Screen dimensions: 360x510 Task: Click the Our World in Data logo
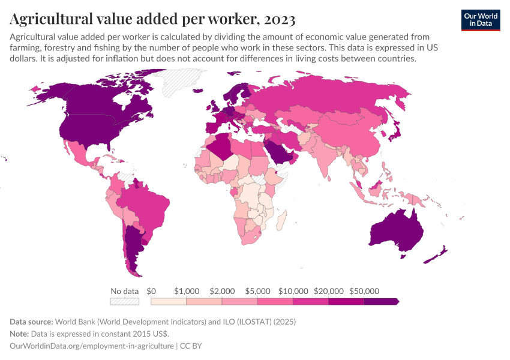coord(480,20)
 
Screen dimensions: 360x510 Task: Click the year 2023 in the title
coord(277,20)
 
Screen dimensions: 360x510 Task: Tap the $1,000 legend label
coord(186,291)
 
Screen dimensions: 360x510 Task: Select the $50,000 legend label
coord(364,291)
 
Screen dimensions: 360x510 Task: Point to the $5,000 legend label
coord(257,291)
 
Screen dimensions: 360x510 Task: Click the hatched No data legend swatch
coord(125,301)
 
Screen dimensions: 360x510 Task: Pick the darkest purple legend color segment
coord(380,301)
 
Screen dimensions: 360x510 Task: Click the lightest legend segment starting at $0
coord(168,301)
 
